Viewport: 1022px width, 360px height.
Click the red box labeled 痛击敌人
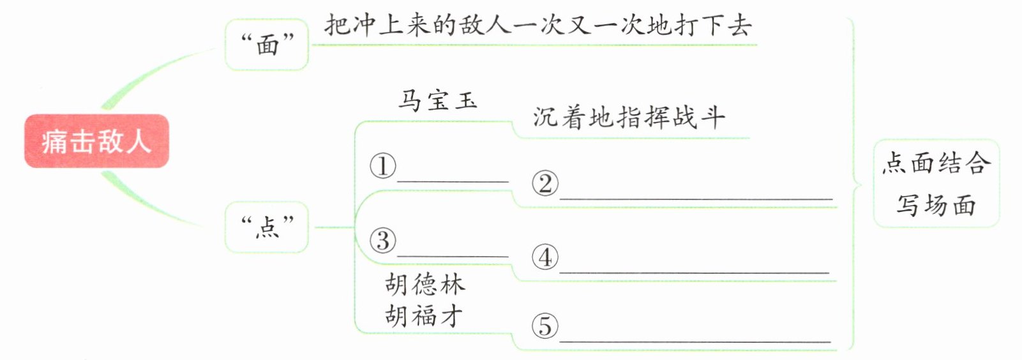coord(96,141)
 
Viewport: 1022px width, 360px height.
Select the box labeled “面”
coord(267,45)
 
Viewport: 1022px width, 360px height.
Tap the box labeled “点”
coord(267,227)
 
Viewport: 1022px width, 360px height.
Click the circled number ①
coord(383,166)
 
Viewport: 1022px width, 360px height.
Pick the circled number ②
coord(545,184)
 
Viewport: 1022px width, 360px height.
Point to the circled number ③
coord(383,241)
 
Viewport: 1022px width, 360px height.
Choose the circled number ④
coord(545,258)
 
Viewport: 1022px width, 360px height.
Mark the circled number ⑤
coord(545,326)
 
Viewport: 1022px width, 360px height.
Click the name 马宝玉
coord(438,101)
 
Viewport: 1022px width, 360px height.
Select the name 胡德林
coord(425,284)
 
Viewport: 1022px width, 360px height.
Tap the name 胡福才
coord(424,315)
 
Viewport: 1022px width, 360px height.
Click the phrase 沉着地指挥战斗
coord(629,117)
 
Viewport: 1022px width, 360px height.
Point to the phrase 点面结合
coord(936,163)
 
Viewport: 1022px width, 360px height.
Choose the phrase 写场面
coord(936,206)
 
